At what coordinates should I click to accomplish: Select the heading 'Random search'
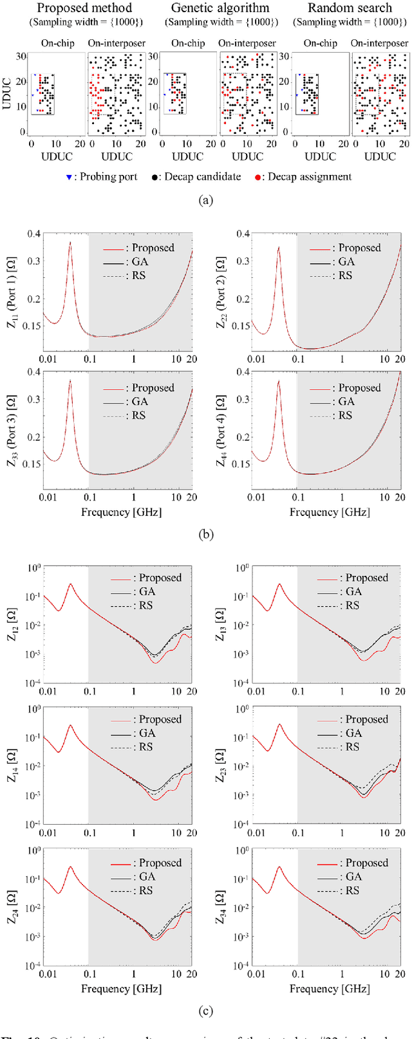(350, 8)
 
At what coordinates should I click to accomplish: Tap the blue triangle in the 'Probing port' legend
(69, 177)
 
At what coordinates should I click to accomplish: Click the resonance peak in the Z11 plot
(70, 243)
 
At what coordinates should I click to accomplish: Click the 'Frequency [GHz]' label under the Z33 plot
(121, 512)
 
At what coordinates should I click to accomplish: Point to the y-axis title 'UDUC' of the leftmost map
(8, 93)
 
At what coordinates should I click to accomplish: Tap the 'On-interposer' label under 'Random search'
(380, 43)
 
